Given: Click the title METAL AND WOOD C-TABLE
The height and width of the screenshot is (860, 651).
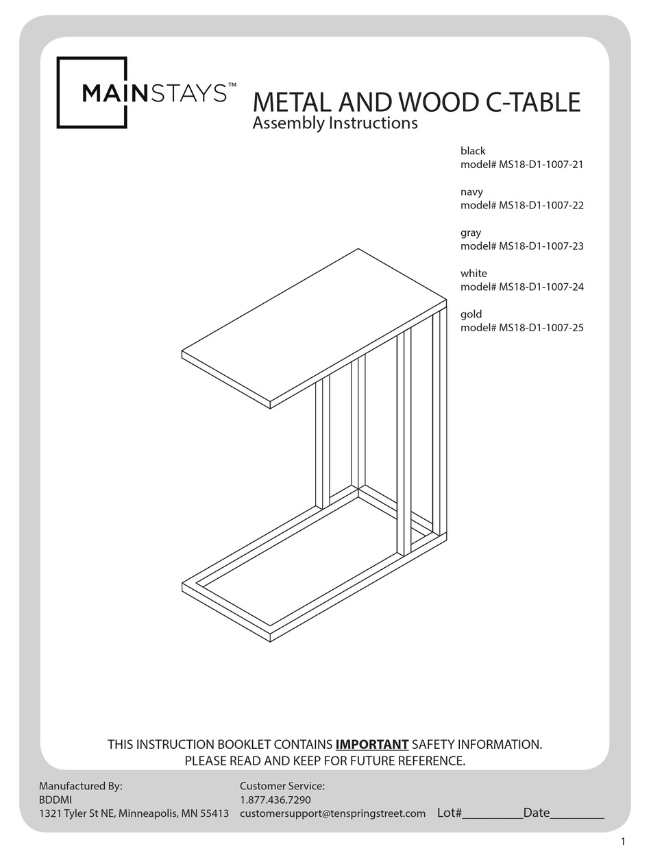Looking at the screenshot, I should [416, 102].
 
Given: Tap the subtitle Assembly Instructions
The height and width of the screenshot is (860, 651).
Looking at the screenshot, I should [335, 123].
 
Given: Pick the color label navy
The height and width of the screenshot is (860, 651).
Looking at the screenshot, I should [471, 192].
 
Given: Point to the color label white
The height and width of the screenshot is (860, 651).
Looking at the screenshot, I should [474, 273].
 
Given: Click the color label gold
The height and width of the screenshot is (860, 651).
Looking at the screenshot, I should [471, 314].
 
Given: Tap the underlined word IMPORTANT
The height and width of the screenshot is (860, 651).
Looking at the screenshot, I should [372, 744].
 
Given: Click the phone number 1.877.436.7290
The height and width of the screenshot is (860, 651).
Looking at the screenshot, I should [275, 800].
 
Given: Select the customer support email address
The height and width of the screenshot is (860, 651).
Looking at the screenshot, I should [332, 813].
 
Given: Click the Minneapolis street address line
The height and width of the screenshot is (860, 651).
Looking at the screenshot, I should [134, 813].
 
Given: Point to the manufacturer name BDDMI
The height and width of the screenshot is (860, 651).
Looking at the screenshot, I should [55, 800].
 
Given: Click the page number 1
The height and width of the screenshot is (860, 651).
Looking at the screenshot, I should [623, 841].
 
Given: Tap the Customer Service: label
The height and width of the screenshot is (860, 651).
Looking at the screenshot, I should [282, 786].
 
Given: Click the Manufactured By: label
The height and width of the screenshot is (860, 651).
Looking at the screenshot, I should [80, 786].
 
